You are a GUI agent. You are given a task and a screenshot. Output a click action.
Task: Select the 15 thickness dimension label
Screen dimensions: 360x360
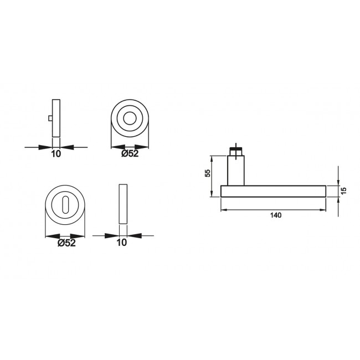pos(343,190)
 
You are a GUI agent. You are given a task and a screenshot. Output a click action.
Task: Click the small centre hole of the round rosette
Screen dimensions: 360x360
pos(131,119)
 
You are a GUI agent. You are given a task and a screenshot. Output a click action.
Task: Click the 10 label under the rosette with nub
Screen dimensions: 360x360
pos(55,155)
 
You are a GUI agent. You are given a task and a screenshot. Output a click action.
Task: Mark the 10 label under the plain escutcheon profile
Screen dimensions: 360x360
pos(122,242)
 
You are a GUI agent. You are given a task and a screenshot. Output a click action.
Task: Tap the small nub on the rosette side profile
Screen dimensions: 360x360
pos(50,118)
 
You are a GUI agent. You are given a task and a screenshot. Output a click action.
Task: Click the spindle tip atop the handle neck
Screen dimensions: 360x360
pos(235,150)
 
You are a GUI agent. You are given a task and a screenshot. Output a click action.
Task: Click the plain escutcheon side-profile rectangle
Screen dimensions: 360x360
pos(122,203)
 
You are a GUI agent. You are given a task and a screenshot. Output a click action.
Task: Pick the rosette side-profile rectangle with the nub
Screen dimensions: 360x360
pos(55,118)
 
